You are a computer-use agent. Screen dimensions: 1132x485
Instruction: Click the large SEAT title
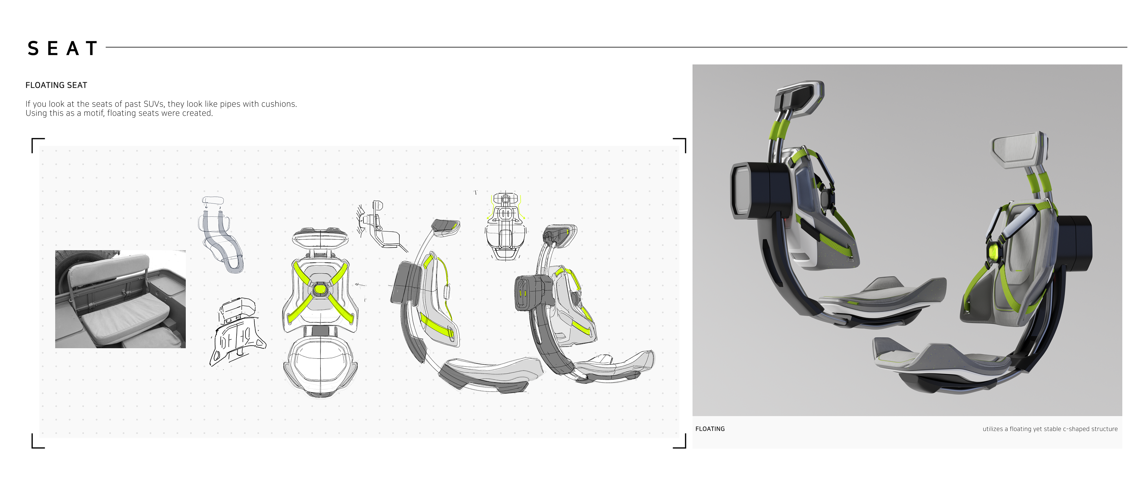click(62, 48)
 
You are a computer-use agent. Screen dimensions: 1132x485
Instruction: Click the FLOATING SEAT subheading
click(56, 85)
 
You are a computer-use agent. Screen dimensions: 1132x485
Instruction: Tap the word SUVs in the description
click(154, 104)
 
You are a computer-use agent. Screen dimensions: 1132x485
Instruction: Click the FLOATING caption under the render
click(710, 429)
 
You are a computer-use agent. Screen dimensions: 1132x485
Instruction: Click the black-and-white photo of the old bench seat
click(120, 299)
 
